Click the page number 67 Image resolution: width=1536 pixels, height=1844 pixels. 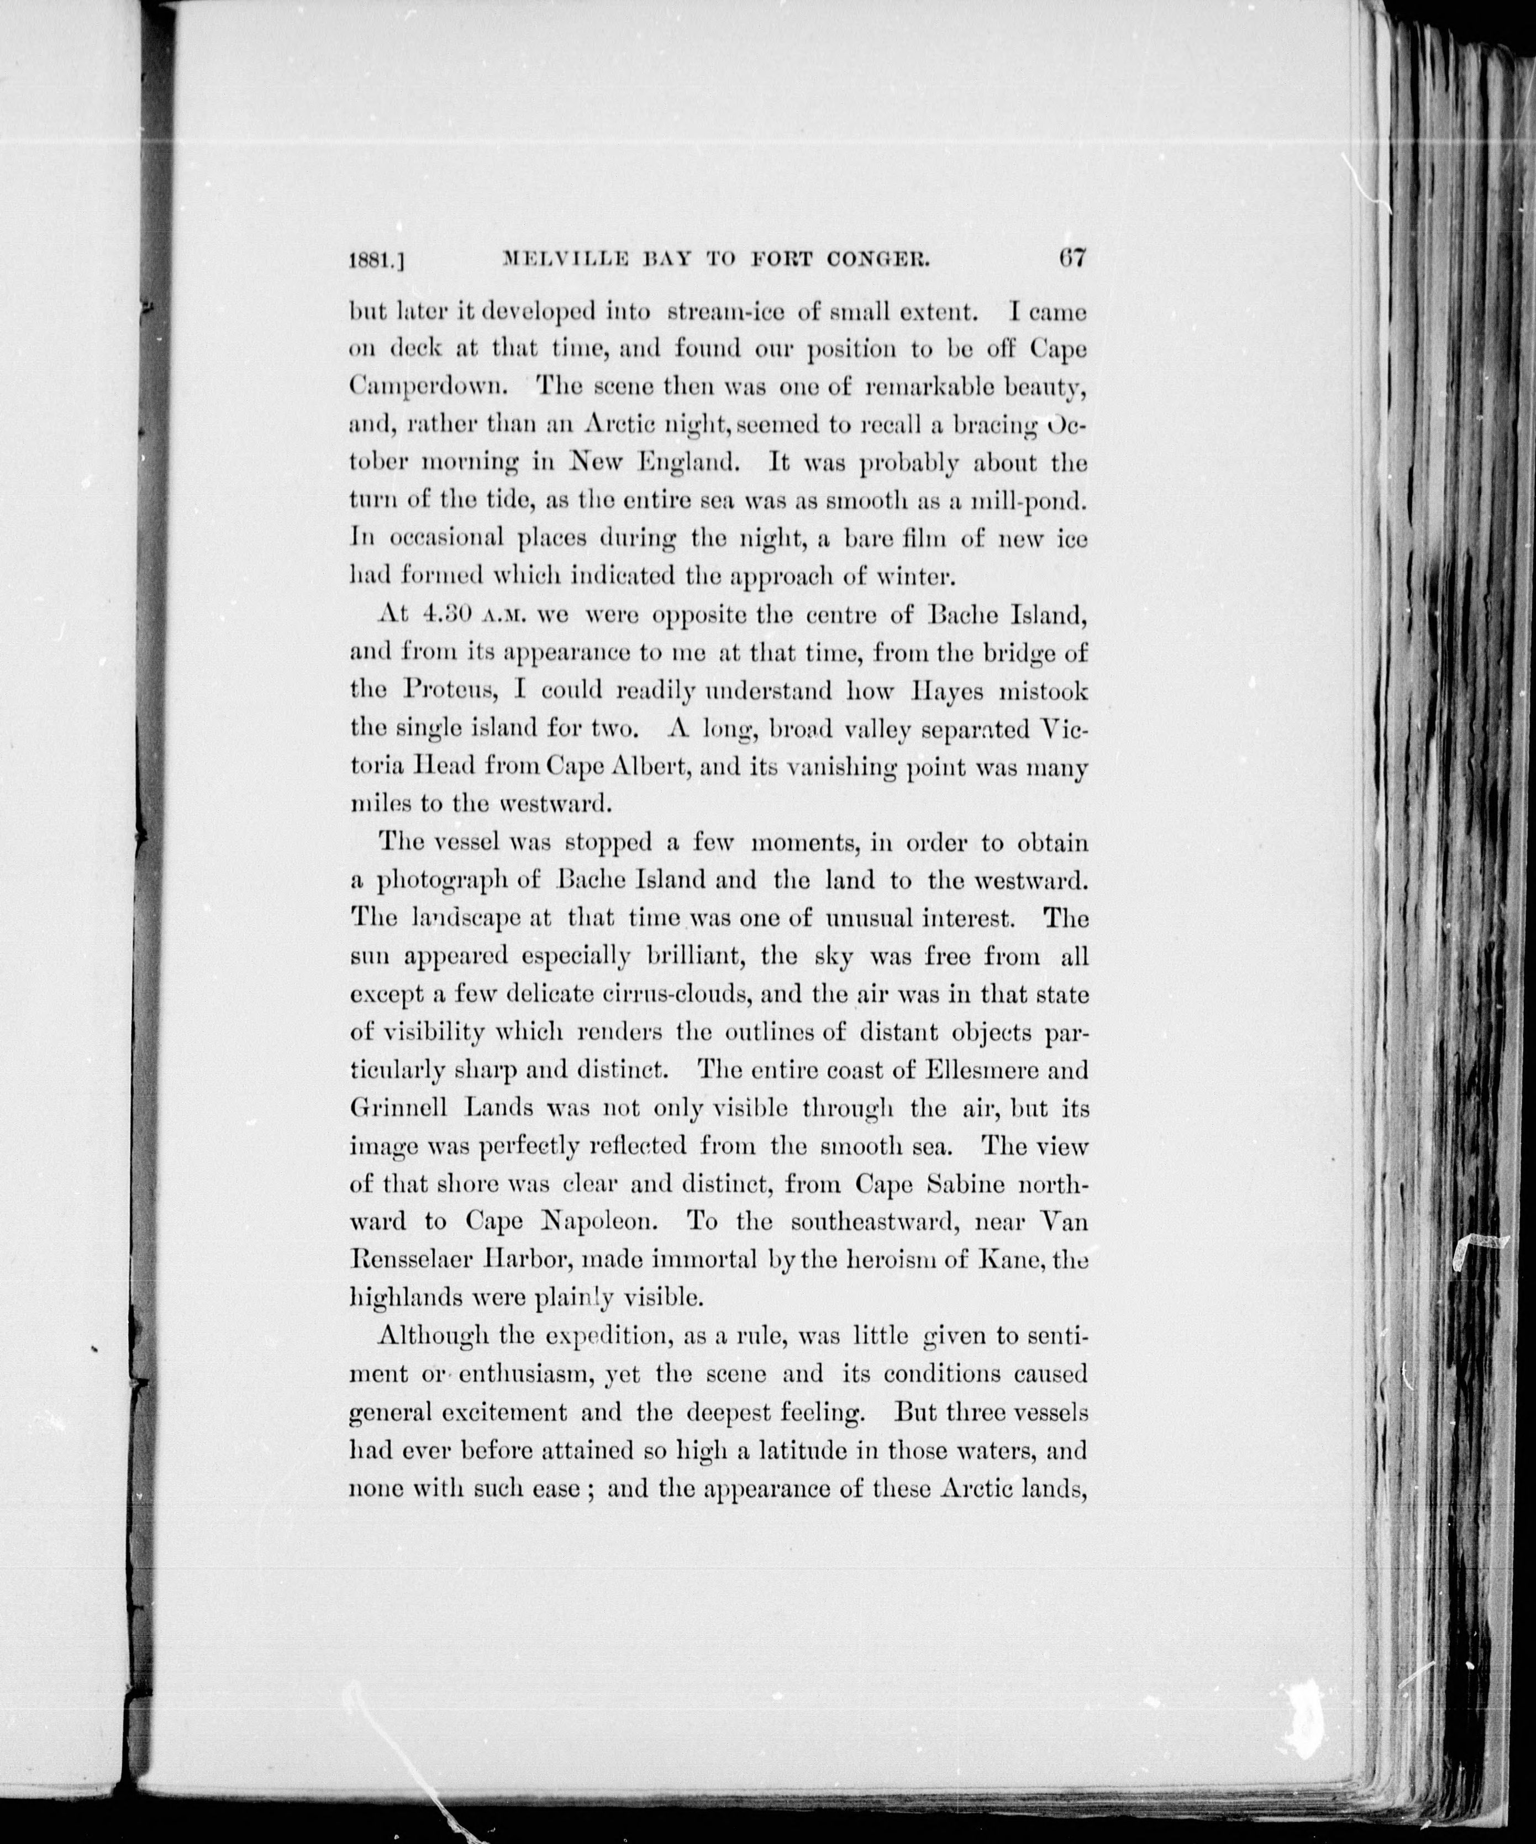click(x=1072, y=259)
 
